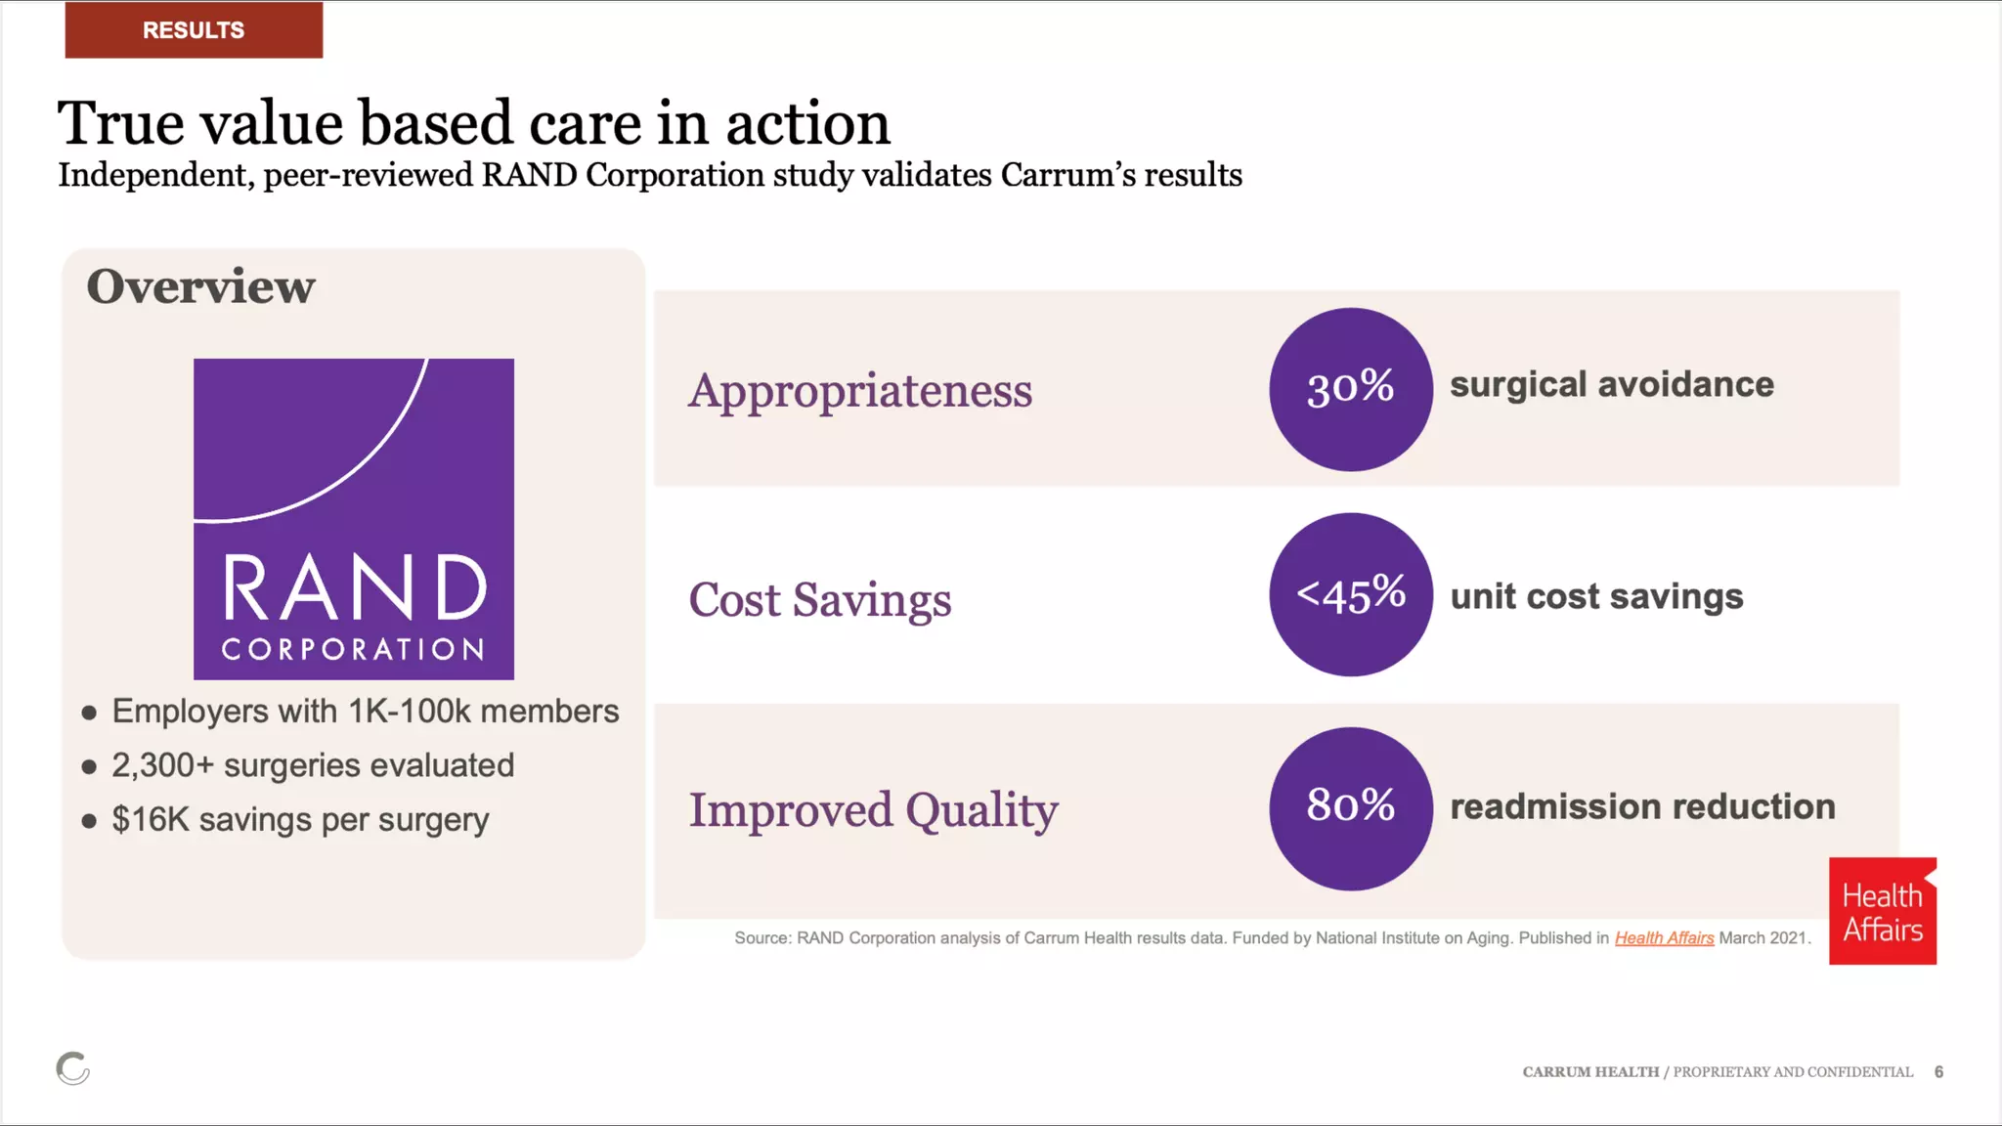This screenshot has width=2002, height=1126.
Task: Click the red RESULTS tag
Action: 194,29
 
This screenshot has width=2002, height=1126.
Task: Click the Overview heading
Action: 200,286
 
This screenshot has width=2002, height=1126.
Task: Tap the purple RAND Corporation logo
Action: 354,519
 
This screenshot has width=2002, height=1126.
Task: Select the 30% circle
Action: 1351,389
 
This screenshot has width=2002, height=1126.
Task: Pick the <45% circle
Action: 1351,594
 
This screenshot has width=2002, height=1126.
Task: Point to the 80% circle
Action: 1351,808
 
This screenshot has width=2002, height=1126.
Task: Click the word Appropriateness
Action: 860,391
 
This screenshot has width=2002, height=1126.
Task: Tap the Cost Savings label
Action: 819,600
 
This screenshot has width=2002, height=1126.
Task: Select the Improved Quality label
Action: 873,810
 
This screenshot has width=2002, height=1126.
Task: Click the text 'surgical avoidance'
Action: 1611,385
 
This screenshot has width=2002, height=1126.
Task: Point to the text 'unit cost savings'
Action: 1596,596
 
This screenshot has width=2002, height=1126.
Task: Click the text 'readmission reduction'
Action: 1642,806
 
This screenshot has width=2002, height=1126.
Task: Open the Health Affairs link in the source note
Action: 1664,938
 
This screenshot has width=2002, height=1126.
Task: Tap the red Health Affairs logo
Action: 1883,911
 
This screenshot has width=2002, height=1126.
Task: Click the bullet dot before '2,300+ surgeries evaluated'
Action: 89,767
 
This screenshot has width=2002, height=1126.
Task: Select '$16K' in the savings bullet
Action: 151,819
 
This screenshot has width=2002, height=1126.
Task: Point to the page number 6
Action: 1938,1072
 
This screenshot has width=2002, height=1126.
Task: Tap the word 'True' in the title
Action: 120,124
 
